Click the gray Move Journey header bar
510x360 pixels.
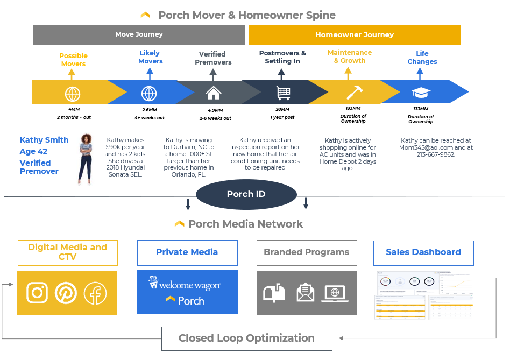pos(139,35)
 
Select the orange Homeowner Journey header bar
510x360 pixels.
pos(354,35)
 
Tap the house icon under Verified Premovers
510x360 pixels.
pos(214,93)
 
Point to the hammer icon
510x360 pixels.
pos(354,93)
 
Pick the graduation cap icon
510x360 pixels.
pos(421,93)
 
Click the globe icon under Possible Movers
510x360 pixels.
pos(73,94)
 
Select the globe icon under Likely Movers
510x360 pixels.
pos(149,93)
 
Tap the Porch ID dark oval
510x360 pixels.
pos(246,194)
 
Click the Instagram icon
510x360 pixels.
pos(37,293)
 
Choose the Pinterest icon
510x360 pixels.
pos(66,293)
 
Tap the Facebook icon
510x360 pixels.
pos(95,293)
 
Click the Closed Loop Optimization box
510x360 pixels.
pos(246,338)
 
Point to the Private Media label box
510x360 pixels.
pos(187,252)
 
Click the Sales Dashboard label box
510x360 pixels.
pos(423,252)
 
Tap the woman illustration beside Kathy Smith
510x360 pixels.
pos(86,159)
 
